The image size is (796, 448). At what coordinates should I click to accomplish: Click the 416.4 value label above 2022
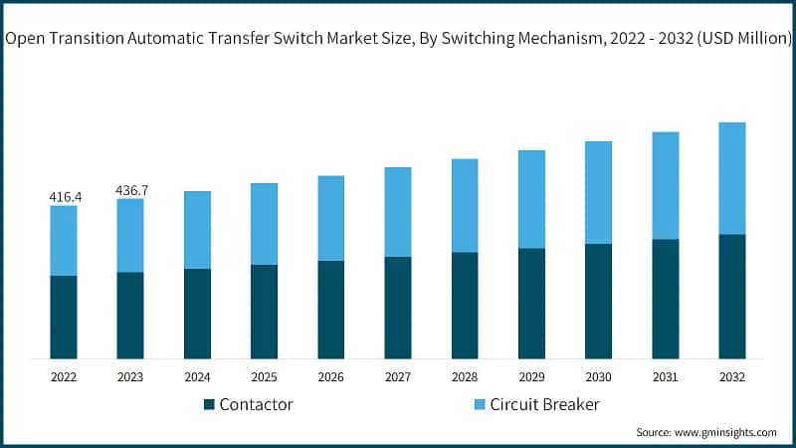tap(65, 197)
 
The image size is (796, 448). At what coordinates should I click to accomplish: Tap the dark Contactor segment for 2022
tap(64, 317)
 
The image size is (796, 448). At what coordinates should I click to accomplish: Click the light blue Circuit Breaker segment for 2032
tap(732, 178)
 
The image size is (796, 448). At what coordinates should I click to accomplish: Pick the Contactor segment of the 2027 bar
tap(398, 308)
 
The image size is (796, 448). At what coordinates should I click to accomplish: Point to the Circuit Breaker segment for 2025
tap(264, 224)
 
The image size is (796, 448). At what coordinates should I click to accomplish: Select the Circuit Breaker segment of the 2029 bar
tap(531, 199)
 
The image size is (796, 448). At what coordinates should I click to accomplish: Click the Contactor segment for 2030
tap(598, 301)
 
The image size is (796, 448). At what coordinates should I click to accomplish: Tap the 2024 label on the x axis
tap(197, 377)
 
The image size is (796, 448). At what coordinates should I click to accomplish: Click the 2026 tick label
tap(331, 377)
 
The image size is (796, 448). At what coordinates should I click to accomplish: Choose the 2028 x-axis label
tap(465, 377)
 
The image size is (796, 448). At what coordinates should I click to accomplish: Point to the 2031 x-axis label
tap(666, 377)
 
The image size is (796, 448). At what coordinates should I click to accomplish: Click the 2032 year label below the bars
tap(732, 377)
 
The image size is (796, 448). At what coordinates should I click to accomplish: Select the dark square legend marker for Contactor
tap(209, 404)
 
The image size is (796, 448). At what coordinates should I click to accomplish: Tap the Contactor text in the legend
tap(256, 404)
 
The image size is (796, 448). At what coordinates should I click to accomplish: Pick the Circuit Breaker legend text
tap(543, 404)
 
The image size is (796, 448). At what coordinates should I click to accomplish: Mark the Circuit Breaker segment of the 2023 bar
tap(130, 235)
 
